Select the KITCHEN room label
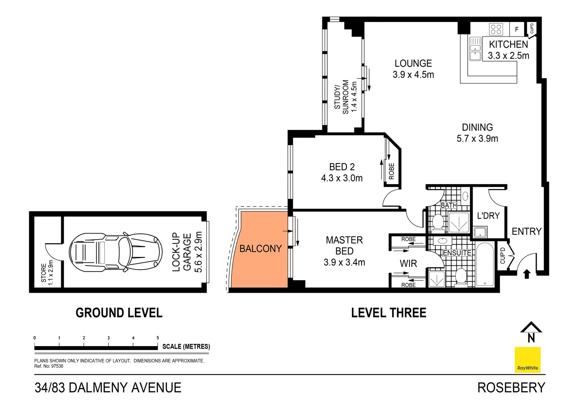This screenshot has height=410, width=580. (x=508, y=44)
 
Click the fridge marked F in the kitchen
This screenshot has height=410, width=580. (x=517, y=29)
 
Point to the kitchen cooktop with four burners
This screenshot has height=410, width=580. (x=496, y=29)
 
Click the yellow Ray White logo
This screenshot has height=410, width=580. (x=528, y=360)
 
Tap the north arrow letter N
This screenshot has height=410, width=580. (x=531, y=338)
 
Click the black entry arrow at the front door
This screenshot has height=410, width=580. (x=526, y=274)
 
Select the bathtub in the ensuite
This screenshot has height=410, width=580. (x=484, y=264)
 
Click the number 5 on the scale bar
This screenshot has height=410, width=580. (x=158, y=338)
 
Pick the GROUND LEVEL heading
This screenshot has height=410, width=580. (x=119, y=312)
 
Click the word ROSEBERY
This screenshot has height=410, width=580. (x=511, y=388)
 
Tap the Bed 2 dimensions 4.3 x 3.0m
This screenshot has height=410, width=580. (x=342, y=178)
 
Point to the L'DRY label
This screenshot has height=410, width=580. (x=489, y=216)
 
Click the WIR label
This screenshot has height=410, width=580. (x=408, y=264)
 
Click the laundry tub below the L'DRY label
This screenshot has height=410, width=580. (x=480, y=232)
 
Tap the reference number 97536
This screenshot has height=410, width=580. (x=57, y=366)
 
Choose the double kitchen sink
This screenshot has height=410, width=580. (x=475, y=49)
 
